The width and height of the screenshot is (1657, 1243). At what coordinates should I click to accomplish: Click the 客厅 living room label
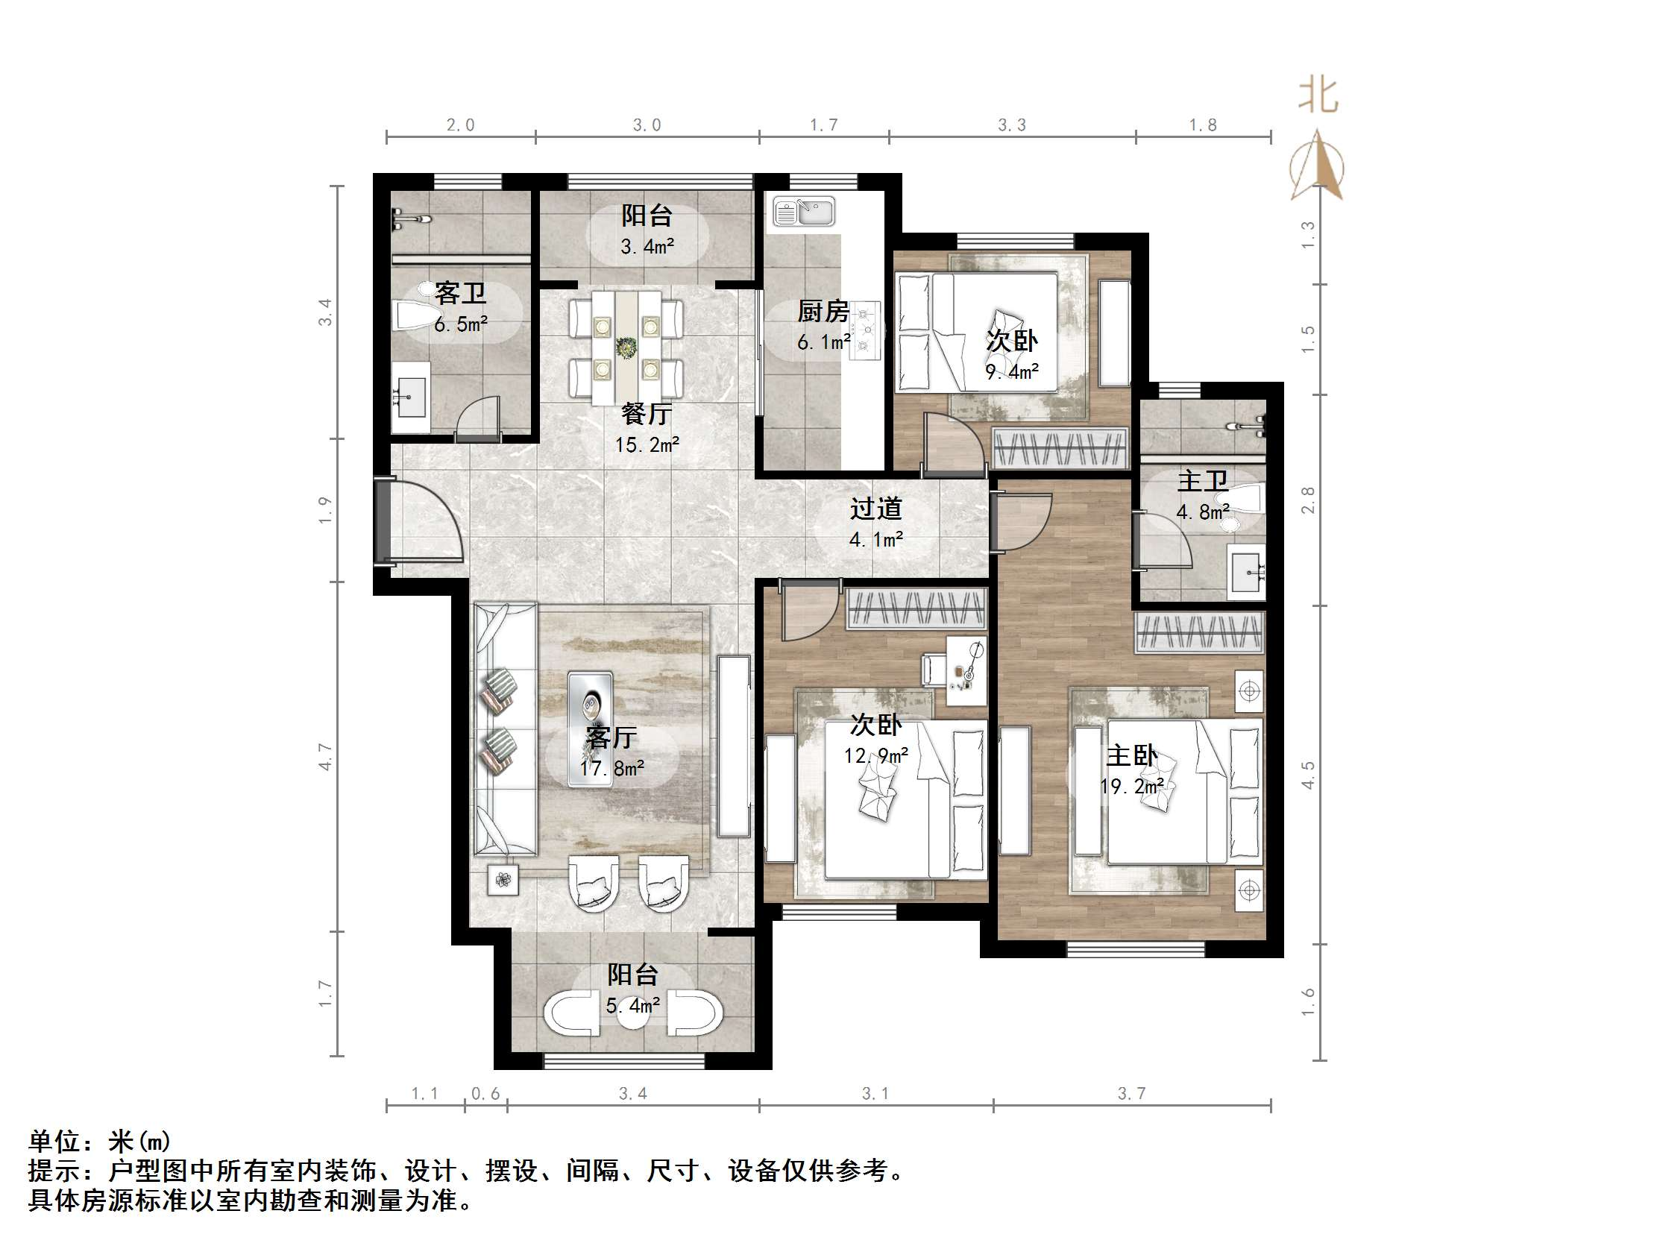(x=611, y=737)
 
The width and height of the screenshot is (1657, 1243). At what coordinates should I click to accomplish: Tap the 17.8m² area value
(x=611, y=769)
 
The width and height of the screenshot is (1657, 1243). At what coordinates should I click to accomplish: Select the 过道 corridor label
(x=875, y=509)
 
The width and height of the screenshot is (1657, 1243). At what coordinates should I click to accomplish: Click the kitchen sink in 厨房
(x=804, y=211)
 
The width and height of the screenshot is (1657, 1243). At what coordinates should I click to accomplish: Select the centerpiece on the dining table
(x=626, y=347)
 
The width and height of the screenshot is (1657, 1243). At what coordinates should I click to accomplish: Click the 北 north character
(x=1318, y=95)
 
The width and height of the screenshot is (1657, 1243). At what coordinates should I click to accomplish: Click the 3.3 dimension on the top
(x=1011, y=125)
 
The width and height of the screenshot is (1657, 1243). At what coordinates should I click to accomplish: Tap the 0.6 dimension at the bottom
(x=485, y=1093)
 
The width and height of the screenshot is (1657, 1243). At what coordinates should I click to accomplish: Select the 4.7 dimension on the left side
(x=324, y=757)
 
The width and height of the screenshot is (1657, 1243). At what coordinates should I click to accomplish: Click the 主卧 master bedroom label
(x=1131, y=755)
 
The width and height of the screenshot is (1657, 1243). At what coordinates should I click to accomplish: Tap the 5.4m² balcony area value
(x=633, y=1004)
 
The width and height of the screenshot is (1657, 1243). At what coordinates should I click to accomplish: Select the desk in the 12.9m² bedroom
(x=966, y=669)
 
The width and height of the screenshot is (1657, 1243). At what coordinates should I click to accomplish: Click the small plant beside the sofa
(x=503, y=880)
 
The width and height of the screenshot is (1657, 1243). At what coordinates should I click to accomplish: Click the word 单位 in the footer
(x=54, y=1141)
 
